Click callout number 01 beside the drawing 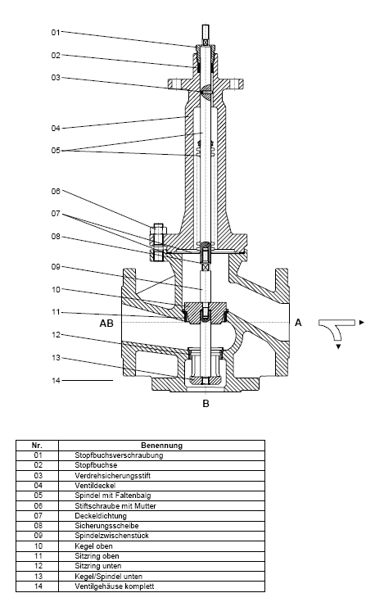[x=56, y=33]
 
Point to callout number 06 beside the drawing [x=56, y=192]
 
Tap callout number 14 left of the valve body [x=56, y=381]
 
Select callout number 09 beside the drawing [x=56, y=267]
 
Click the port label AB [x=106, y=324]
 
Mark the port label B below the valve [x=206, y=404]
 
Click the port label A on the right [x=298, y=323]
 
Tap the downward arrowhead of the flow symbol [x=338, y=346]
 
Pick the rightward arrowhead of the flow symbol [x=362, y=323]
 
